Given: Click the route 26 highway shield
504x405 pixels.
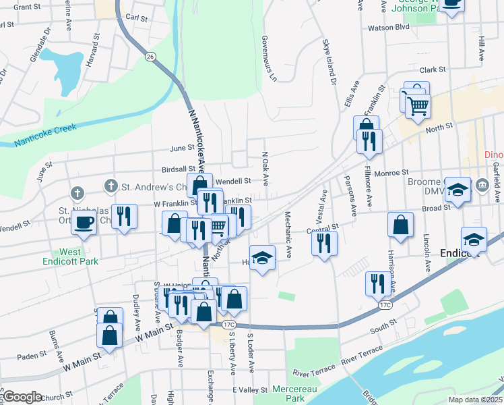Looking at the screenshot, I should [x=150, y=56].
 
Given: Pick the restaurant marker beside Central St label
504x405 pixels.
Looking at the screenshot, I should [x=325, y=241].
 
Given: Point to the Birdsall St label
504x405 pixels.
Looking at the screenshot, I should [x=178, y=169].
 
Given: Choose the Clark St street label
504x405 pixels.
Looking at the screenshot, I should [x=433, y=70].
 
